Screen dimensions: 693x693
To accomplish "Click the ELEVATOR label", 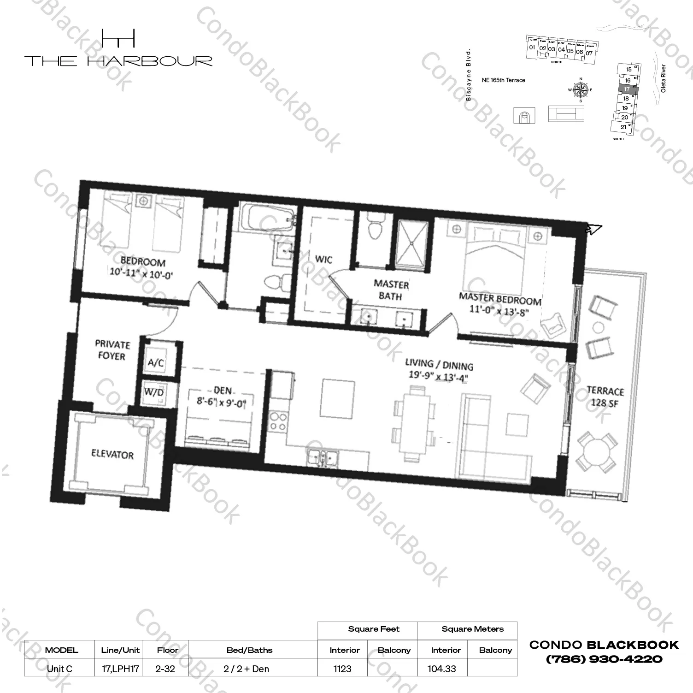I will pos(112,455).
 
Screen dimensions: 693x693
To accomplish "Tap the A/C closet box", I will pos(156,362).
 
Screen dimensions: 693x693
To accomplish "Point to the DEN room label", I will pos(223,391).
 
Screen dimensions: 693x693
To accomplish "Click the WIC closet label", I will pos(323,260).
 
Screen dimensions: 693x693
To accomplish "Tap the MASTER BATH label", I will pos(391,290).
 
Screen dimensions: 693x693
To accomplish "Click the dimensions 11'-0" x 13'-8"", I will pos(499,310).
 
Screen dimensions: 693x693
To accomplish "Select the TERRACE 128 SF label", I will pos(605,397).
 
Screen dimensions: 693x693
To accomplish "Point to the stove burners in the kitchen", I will pos(278,421).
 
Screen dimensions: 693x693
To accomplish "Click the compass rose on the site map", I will pos(581,89).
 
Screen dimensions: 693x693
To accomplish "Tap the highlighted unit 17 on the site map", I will pos(627,89).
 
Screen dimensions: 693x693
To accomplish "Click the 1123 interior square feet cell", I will pos(342,669).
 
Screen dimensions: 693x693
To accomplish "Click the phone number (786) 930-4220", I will pos(604,659).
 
